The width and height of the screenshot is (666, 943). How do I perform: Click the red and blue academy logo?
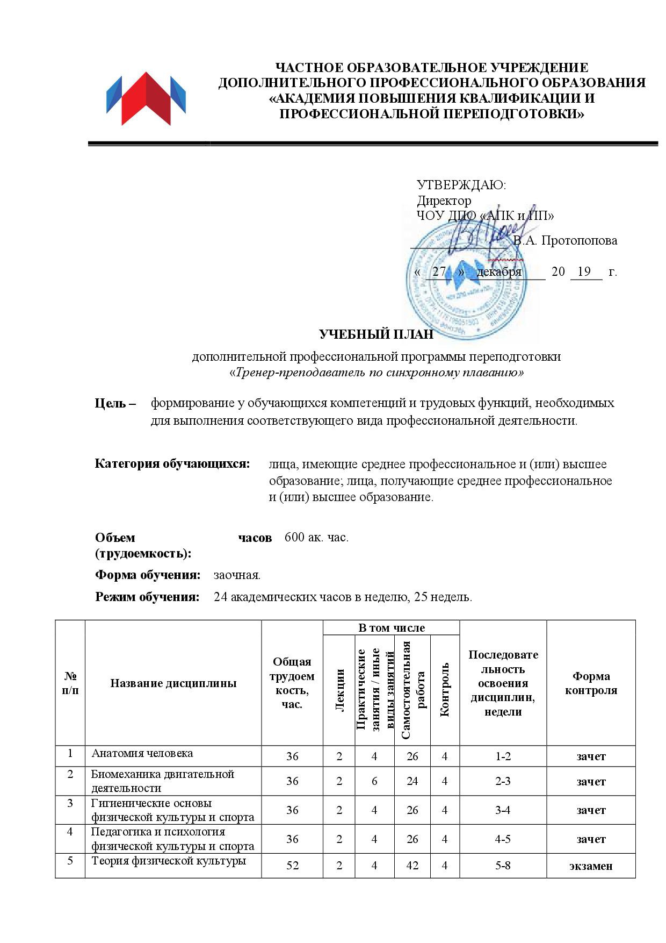tap(146, 99)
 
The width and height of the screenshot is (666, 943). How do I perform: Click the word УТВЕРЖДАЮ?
tap(461, 185)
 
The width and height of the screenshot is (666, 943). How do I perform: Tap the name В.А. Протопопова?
tap(565, 240)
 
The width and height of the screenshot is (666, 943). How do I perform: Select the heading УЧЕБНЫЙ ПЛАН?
tap(376, 334)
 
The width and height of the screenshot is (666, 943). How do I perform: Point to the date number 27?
tap(439, 272)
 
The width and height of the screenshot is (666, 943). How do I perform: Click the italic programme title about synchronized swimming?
tap(376, 373)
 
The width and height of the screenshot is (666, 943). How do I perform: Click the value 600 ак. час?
tap(316, 537)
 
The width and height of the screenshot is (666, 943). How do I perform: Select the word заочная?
tap(237, 575)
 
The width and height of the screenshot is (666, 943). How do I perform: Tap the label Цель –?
tap(115, 403)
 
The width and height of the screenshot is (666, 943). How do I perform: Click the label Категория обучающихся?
tap(172, 463)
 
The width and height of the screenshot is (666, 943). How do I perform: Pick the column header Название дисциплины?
tap(173, 683)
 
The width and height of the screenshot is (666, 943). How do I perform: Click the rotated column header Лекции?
tap(339, 690)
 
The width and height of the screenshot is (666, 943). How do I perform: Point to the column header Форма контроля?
tap(591, 683)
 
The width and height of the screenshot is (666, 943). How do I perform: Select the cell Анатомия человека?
tap(142, 753)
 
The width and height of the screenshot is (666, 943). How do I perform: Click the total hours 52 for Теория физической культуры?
tap(292, 866)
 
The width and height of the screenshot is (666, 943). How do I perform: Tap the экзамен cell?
tap(591, 866)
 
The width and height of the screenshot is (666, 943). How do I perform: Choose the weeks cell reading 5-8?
tap(503, 866)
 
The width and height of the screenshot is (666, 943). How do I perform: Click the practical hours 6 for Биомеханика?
tap(374, 781)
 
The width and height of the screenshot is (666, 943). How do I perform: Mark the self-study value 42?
tap(412, 866)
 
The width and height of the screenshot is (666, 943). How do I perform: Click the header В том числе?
tap(392, 628)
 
